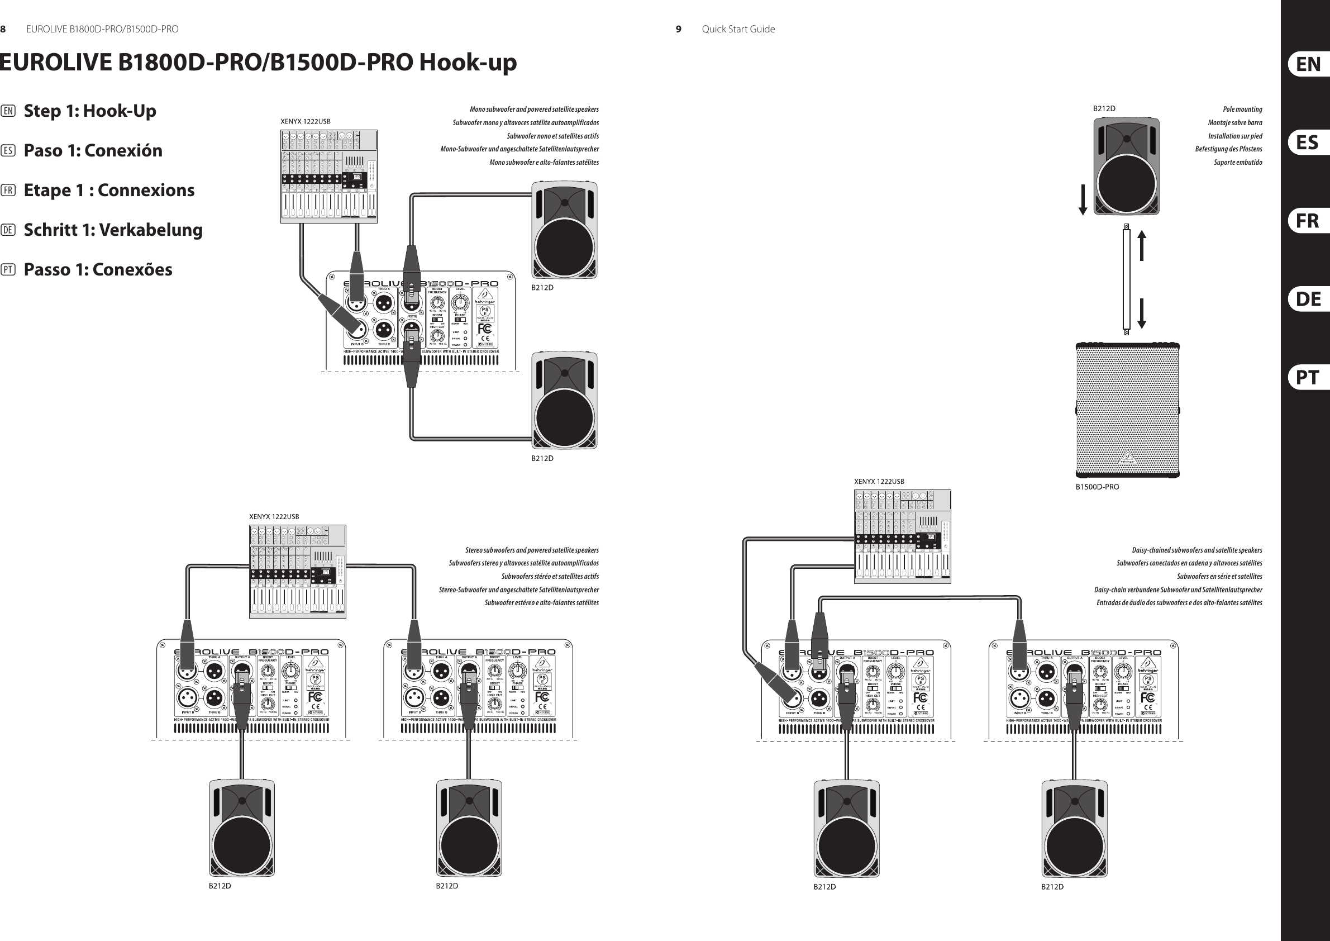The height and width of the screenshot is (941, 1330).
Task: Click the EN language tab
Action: (x=1308, y=64)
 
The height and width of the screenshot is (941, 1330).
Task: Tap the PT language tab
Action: (x=1308, y=377)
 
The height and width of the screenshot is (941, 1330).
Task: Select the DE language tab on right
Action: (x=1308, y=299)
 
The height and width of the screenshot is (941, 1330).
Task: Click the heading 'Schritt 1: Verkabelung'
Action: (x=113, y=230)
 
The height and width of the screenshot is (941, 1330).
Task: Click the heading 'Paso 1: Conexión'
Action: (x=93, y=151)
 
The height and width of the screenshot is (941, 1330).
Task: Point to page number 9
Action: (x=678, y=29)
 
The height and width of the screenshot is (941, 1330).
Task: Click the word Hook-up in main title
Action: (x=468, y=63)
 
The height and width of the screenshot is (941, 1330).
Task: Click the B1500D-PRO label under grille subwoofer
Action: (x=1097, y=487)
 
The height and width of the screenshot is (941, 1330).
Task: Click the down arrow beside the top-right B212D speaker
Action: (x=1082, y=200)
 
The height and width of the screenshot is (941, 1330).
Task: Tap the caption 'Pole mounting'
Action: (x=1242, y=109)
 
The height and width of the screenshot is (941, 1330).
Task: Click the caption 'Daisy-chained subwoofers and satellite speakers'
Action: (x=1196, y=550)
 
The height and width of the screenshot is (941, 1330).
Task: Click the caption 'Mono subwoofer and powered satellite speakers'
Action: (x=533, y=109)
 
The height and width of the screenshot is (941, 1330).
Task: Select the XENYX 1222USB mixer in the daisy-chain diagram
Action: (x=902, y=536)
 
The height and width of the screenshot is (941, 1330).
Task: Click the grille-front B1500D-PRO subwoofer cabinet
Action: (x=1127, y=410)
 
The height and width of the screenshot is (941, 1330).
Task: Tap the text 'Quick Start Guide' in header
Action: (x=738, y=29)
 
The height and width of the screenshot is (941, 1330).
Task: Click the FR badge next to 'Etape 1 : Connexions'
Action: (x=8, y=191)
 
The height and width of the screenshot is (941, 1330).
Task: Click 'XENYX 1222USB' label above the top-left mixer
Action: (x=306, y=122)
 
